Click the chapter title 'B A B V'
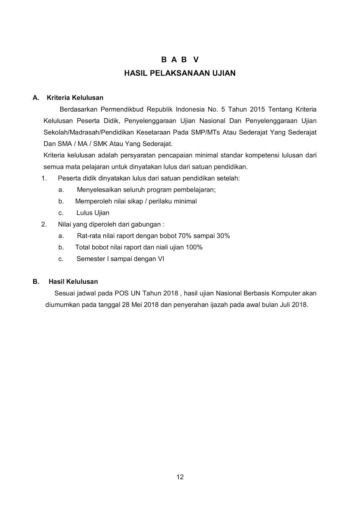[x=180, y=60]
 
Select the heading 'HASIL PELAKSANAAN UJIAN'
[x=180, y=73]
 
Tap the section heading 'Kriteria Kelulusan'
[x=75, y=98]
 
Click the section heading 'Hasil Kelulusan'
[x=73, y=281]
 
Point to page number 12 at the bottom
[x=180, y=477]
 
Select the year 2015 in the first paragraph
[x=257, y=109]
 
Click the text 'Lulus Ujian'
[x=93, y=213]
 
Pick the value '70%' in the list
[x=186, y=236]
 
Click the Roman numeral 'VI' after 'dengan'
[x=161, y=259]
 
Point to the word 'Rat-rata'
[x=88, y=236]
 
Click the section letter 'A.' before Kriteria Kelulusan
[x=36, y=98]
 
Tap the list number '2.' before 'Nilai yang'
[x=44, y=224]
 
